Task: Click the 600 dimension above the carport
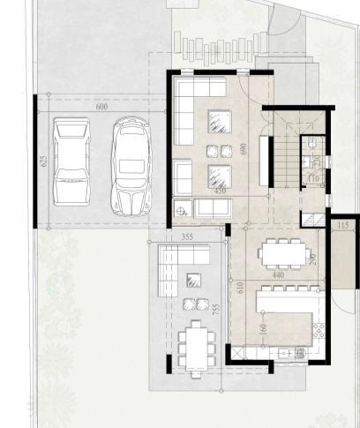pyautogui.click(x=101, y=107)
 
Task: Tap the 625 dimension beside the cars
pyautogui.click(x=43, y=161)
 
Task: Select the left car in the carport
pyautogui.click(x=71, y=161)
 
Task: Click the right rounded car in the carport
pyautogui.click(x=131, y=166)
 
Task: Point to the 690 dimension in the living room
pyautogui.click(x=244, y=149)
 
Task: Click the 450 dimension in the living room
pyautogui.click(x=220, y=191)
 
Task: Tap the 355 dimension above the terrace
pyautogui.click(x=187, y=237)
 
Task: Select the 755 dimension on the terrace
pyautogui.click(x=216, y=310)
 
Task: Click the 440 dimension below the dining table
pyautogui.click(x=278, y=275)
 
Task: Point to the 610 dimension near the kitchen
pyautogui.click(x=240, y=288)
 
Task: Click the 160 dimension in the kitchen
pyautogui.click(x=263, y=329)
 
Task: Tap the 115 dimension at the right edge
pyautogui.click(x=343, y=226)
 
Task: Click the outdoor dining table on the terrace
pyautogui.click(x=197, y=349)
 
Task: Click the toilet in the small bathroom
pyautogui.click(x=311, y=143)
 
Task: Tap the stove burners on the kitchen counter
pyautogui.click(x=319, y=331)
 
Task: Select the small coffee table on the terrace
pyautogui.click(x=194, y=281)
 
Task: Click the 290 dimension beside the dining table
pyautogui.click(x=312, y=259)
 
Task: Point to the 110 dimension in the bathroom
pyautogui.click(x=313, y=179)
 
